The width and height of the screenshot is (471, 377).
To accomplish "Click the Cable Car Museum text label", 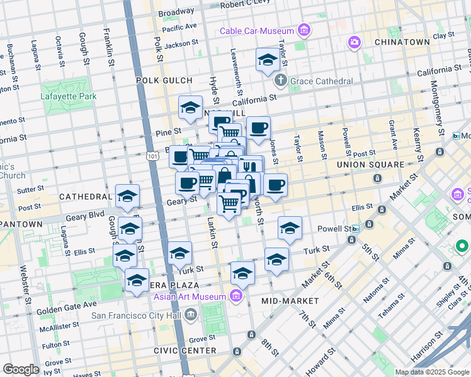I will (x=257, y=31).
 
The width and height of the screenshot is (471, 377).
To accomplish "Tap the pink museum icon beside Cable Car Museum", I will (x=305, y=30).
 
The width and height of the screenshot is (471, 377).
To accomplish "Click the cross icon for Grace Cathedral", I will (x=281, y=81).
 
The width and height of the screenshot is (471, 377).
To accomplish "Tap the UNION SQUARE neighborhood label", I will (x=370, y=165).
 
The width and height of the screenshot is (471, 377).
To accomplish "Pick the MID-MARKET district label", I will (x=293, y=301).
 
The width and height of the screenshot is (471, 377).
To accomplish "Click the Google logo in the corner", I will (x=21, y=369).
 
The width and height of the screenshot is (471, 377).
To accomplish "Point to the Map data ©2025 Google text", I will (x=432, y=372).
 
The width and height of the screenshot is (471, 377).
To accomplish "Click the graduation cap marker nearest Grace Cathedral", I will (x=268, y=60).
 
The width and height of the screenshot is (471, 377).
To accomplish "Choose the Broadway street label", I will (x=176, y=12).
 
